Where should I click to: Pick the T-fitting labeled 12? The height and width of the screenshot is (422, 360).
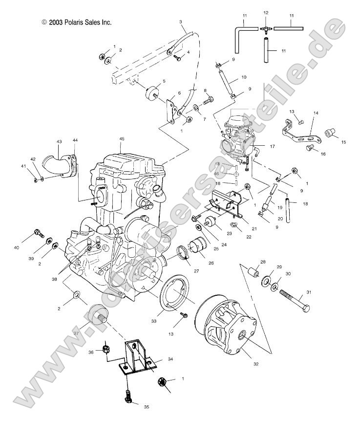(266, 29)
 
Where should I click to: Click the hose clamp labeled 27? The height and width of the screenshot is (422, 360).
(184, 254)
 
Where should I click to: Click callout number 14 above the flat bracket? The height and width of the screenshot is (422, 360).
(316, 113)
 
